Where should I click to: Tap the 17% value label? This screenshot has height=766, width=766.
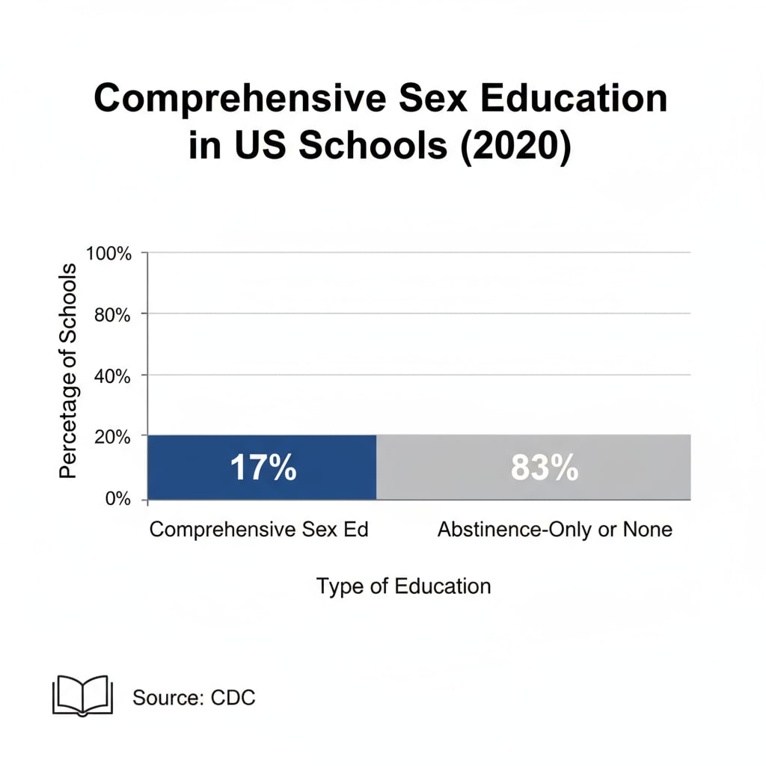tap(263, 468)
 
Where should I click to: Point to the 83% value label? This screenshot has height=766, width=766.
tap(544, 468)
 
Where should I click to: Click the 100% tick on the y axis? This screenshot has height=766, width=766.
tap(109, 253)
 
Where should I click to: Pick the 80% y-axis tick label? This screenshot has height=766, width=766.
tap(113, 314)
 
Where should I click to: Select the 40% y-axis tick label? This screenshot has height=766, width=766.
tap(113, 376)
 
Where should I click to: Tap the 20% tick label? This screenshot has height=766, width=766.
tap(113, 437)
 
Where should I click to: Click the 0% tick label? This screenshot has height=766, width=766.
tap(117, 498)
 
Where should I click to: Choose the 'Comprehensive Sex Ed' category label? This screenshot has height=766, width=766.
tap(259, 530)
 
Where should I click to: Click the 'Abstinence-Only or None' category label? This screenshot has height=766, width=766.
tap(554, 530)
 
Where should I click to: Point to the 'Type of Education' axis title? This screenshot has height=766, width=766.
tap(404, 586)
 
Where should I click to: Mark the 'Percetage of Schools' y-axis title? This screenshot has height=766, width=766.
tap(68, 371)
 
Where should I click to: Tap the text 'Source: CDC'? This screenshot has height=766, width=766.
tap(194, 698)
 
